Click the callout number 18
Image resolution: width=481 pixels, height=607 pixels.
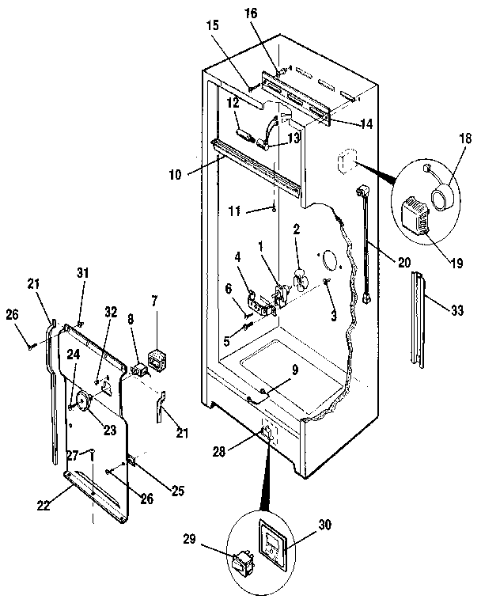coord(465,139)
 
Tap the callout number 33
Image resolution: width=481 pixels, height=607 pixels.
coord(457,310)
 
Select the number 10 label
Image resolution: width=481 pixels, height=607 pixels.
coord(175,175)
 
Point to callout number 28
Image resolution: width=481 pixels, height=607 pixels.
coord(218,452)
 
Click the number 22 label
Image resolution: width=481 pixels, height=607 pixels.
coord(44,506)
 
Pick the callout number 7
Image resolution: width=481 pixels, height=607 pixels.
coord(154,301)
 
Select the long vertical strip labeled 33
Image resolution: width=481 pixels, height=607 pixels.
coord(417,321)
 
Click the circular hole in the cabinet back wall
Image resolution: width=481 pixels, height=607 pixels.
coord(329,260)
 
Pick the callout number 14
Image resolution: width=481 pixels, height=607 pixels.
coord(365,124)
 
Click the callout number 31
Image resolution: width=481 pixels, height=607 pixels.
coord(82,273)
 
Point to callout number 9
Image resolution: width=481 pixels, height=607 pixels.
coord(295,370)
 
